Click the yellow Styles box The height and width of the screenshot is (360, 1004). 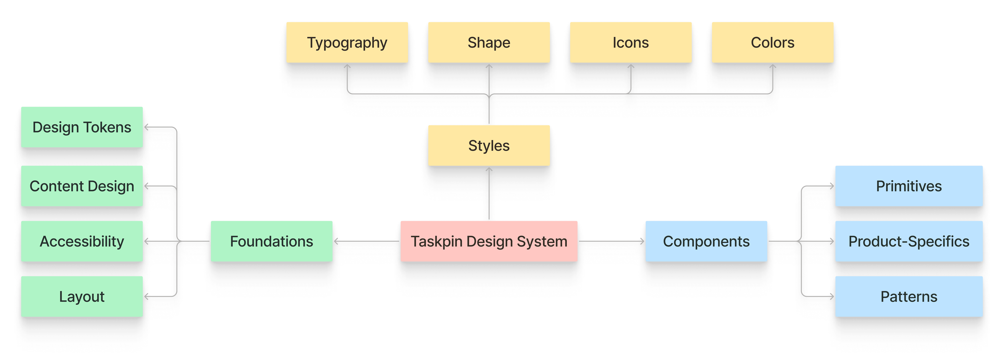[489, 145]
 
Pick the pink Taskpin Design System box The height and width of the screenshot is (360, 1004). [489, 241]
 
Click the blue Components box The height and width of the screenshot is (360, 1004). [706, 241]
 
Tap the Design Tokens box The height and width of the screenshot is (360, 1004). [82, 127]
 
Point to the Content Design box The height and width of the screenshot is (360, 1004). [82, 186]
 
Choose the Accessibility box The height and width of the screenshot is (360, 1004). [82, 241]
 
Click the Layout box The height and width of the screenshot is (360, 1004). [82, 296]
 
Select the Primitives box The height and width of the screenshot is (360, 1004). [909, 186]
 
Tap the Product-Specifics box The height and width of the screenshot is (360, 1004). [909, 241]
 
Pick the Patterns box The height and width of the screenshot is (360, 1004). [909, 296]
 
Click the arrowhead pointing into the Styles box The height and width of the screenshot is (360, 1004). [489, 170]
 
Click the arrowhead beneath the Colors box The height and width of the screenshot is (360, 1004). [772, 67]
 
